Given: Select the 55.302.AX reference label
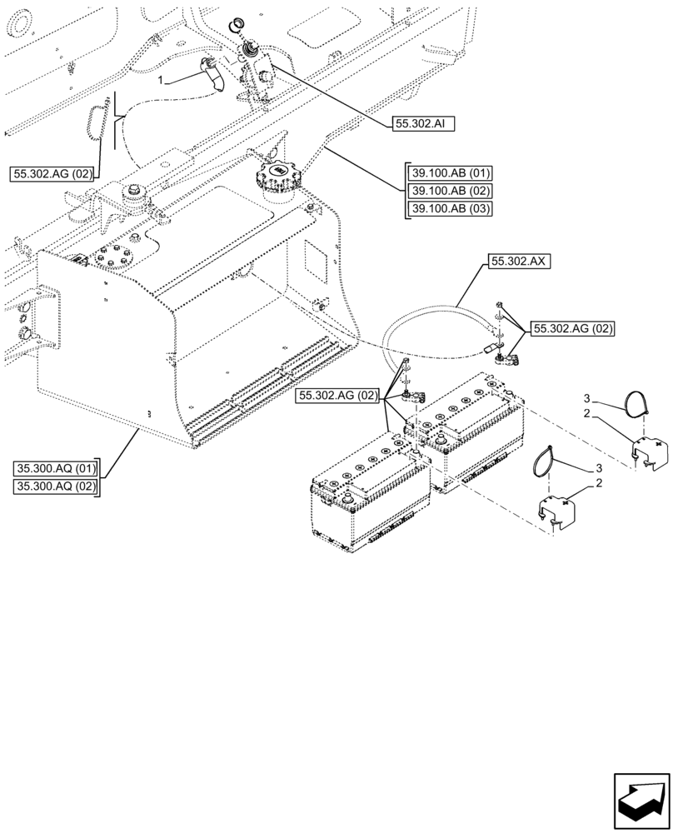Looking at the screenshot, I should click(517, 261).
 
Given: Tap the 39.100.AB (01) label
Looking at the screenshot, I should click(451, 174).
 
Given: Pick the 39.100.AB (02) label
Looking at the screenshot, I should click(451, 192).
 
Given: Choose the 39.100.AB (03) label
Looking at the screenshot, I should click(451, 209).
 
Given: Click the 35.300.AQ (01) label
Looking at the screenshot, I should click(56, 467).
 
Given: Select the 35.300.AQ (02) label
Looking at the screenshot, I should click(56, 486).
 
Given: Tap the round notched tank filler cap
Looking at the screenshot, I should click(276, 177).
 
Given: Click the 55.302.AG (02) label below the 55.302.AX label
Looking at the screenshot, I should click(572, 329).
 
